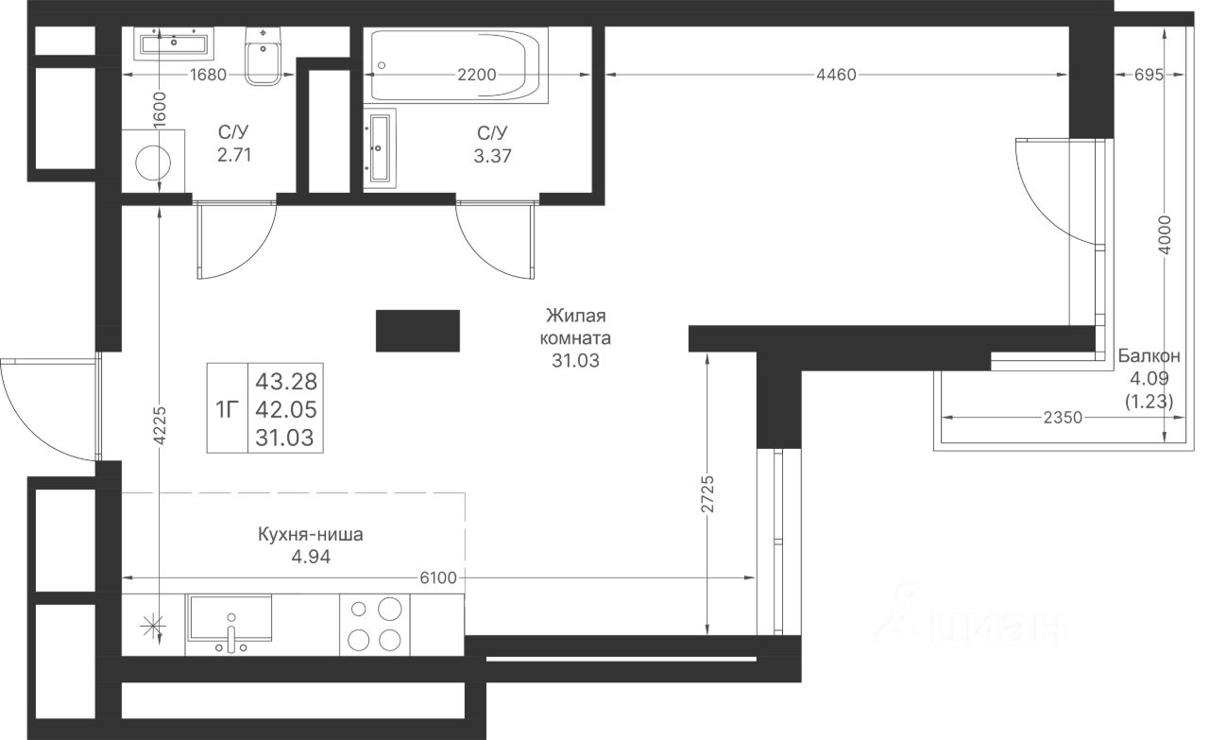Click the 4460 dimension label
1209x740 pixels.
(x=836, y=75)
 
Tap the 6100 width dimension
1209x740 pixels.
(x=438, y=578)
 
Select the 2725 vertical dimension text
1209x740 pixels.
(x=707, y=493)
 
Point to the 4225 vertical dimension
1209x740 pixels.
(x=160, y=425)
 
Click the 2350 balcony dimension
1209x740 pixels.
(x=1063, y=418)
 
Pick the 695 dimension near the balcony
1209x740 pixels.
(x=1149, y=75)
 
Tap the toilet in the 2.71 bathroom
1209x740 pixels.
(x=263, y=56)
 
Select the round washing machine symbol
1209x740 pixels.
(x=153, y=162)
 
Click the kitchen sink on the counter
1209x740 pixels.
(x=229, y=621)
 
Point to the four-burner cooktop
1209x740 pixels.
(x=375, y=625)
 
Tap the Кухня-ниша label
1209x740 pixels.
(x=311, y=535)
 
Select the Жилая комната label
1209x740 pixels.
(x=575, y=327)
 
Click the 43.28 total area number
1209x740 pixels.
(x=286, y=382)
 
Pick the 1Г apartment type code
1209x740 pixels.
(x=228, y=410)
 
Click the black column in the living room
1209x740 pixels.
(x=417, y=331)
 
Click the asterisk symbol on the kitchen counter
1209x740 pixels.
(x=153, y=626)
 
